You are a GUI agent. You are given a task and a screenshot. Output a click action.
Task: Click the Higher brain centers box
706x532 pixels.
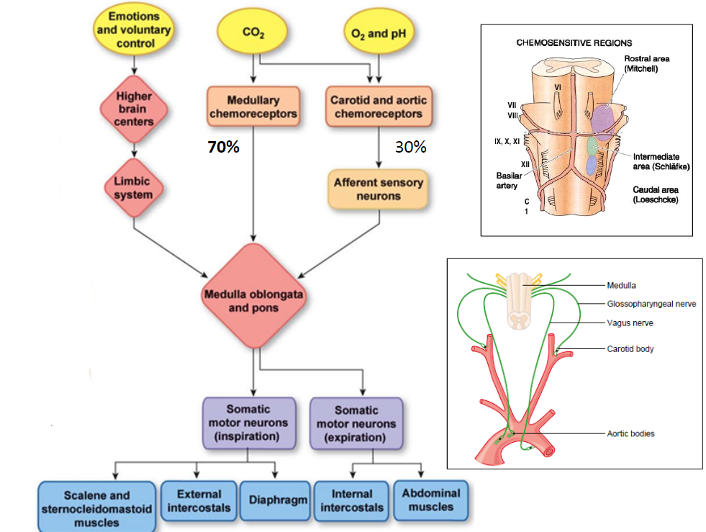click(133, 109)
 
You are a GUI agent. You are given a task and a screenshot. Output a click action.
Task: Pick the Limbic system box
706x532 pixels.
click(133, 189)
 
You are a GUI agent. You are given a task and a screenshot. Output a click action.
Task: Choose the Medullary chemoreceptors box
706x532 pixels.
click(253, 107)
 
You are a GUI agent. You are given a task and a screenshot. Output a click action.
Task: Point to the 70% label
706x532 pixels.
click(223, 148)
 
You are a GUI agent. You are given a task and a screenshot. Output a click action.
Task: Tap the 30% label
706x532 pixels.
click(411, 148)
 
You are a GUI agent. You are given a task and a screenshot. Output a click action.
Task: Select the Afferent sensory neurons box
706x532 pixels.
click(378, 189)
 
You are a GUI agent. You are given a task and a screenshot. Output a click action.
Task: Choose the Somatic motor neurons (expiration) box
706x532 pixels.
click(357, 423)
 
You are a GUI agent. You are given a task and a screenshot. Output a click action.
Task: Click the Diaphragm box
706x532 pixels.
click(278, 500)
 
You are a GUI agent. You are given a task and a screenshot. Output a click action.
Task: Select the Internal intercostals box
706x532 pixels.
click(352, 500)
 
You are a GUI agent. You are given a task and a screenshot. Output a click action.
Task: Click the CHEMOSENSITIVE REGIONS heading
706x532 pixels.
click(574, 43)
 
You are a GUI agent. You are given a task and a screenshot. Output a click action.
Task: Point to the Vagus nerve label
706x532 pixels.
click(630, 323)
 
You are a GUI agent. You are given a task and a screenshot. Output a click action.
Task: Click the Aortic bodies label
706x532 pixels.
click(630, 433)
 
